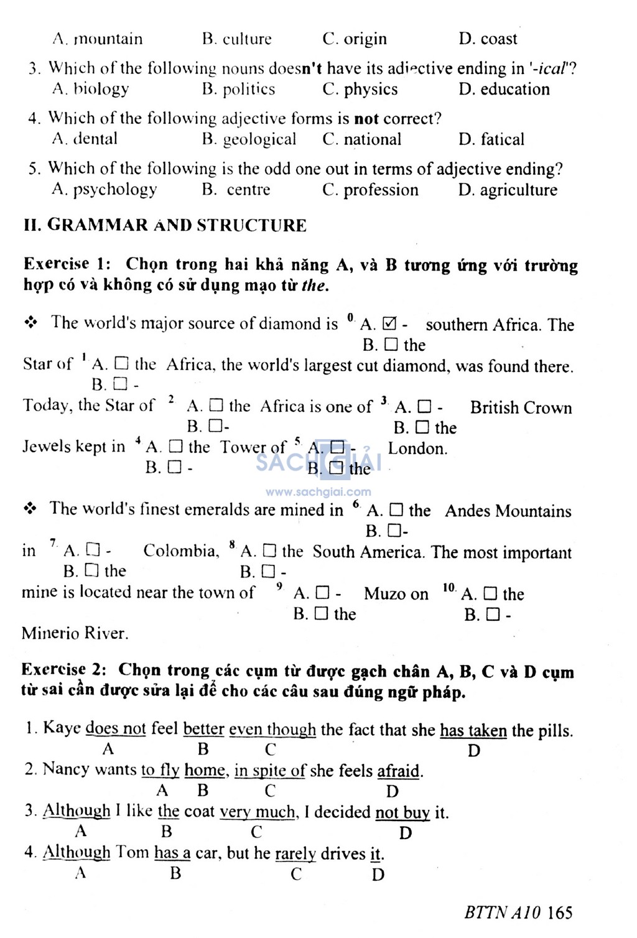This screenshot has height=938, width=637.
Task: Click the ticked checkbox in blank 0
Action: click(x=390, y=324)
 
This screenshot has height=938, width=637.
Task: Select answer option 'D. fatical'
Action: click(x=491, y=139)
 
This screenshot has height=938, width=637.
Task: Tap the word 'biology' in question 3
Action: click(x=101, y=89)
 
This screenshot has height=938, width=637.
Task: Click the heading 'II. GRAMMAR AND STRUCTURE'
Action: click(x=165, y=225)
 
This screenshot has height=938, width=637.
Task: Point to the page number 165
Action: click(x=560, y=912)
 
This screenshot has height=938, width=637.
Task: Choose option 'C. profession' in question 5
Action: click(x=370, y=190)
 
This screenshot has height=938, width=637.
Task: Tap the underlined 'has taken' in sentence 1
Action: click(x=473, y=730)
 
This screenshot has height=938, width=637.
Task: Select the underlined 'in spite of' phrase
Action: click(x=269, y=771)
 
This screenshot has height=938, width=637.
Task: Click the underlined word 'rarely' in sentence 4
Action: click(x=295, y=853)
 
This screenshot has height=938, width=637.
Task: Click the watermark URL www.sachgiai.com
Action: click(x=318, y=492)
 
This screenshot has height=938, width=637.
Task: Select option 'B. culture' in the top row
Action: click(x=237, y=39)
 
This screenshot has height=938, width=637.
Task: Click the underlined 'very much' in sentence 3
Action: click(x=258, y=812)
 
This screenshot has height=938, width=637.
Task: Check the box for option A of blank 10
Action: click(x=490, y=594)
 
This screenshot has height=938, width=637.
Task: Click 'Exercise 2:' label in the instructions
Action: click(x=64, y=670)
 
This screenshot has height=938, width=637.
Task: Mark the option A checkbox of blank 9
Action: click(x=322, y=593)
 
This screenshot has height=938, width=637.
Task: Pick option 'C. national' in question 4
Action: click(x=362, y=139)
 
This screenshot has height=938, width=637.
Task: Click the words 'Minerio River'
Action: click(x=75, y=634)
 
